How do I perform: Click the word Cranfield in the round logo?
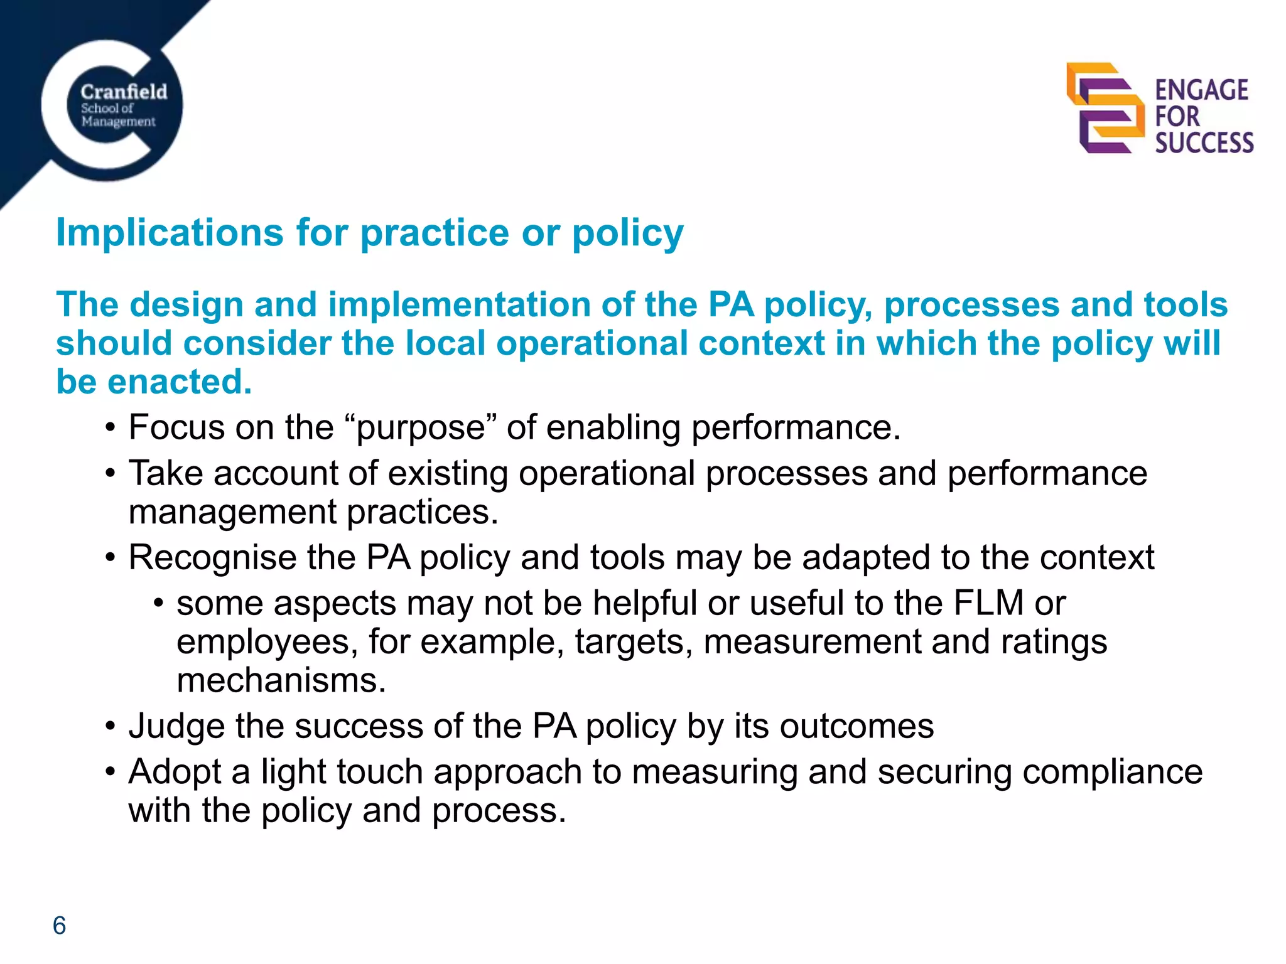124,92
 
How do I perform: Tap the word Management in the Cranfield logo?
118,121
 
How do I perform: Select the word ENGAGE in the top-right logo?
1201,90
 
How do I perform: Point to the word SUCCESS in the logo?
1204,143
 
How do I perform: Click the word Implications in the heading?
170,233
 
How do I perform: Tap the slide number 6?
59,926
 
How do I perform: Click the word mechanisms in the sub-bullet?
281,681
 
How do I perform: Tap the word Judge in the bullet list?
176,727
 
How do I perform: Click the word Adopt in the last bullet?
175,773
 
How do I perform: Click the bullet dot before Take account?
111,474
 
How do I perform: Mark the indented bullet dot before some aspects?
158,604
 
